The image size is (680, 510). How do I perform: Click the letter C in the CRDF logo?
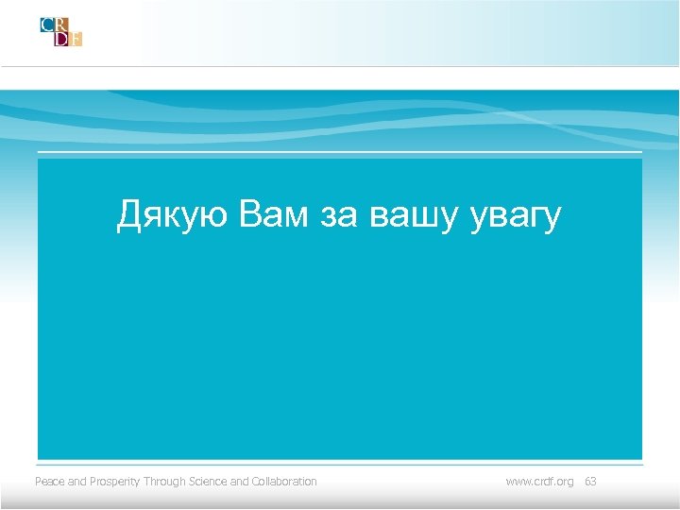tap(47, 25)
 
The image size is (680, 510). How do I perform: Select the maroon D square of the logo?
tap(61, 39)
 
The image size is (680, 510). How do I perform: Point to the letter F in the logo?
tap(76, 39)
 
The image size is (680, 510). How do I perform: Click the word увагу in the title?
tap(516, 215)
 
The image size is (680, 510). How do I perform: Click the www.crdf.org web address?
tap(539, 482)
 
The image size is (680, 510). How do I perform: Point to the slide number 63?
tap(590, 482)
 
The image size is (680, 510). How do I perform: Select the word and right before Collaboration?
tap(239, 482)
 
